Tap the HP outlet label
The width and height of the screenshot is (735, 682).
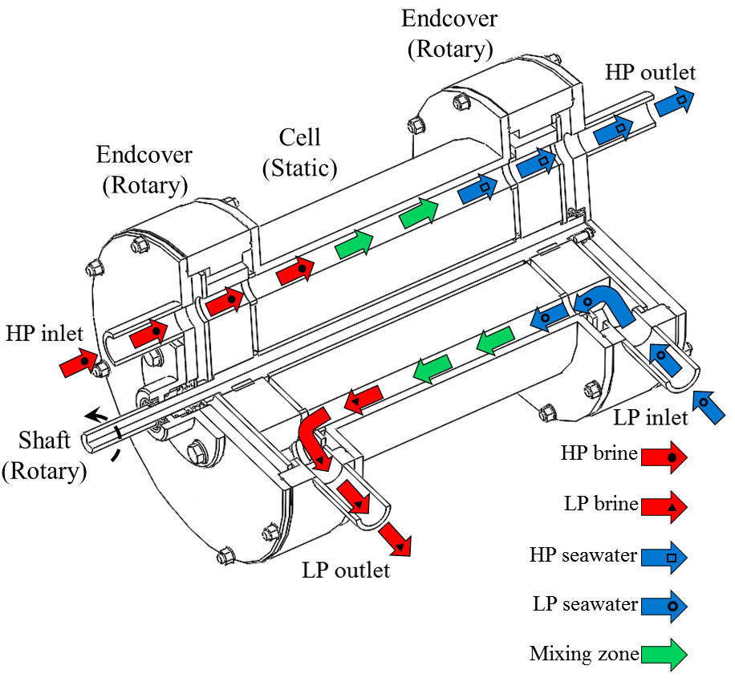point(650,72)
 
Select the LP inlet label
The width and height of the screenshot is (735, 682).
point(651,417)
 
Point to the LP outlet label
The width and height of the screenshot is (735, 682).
point(346,570)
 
